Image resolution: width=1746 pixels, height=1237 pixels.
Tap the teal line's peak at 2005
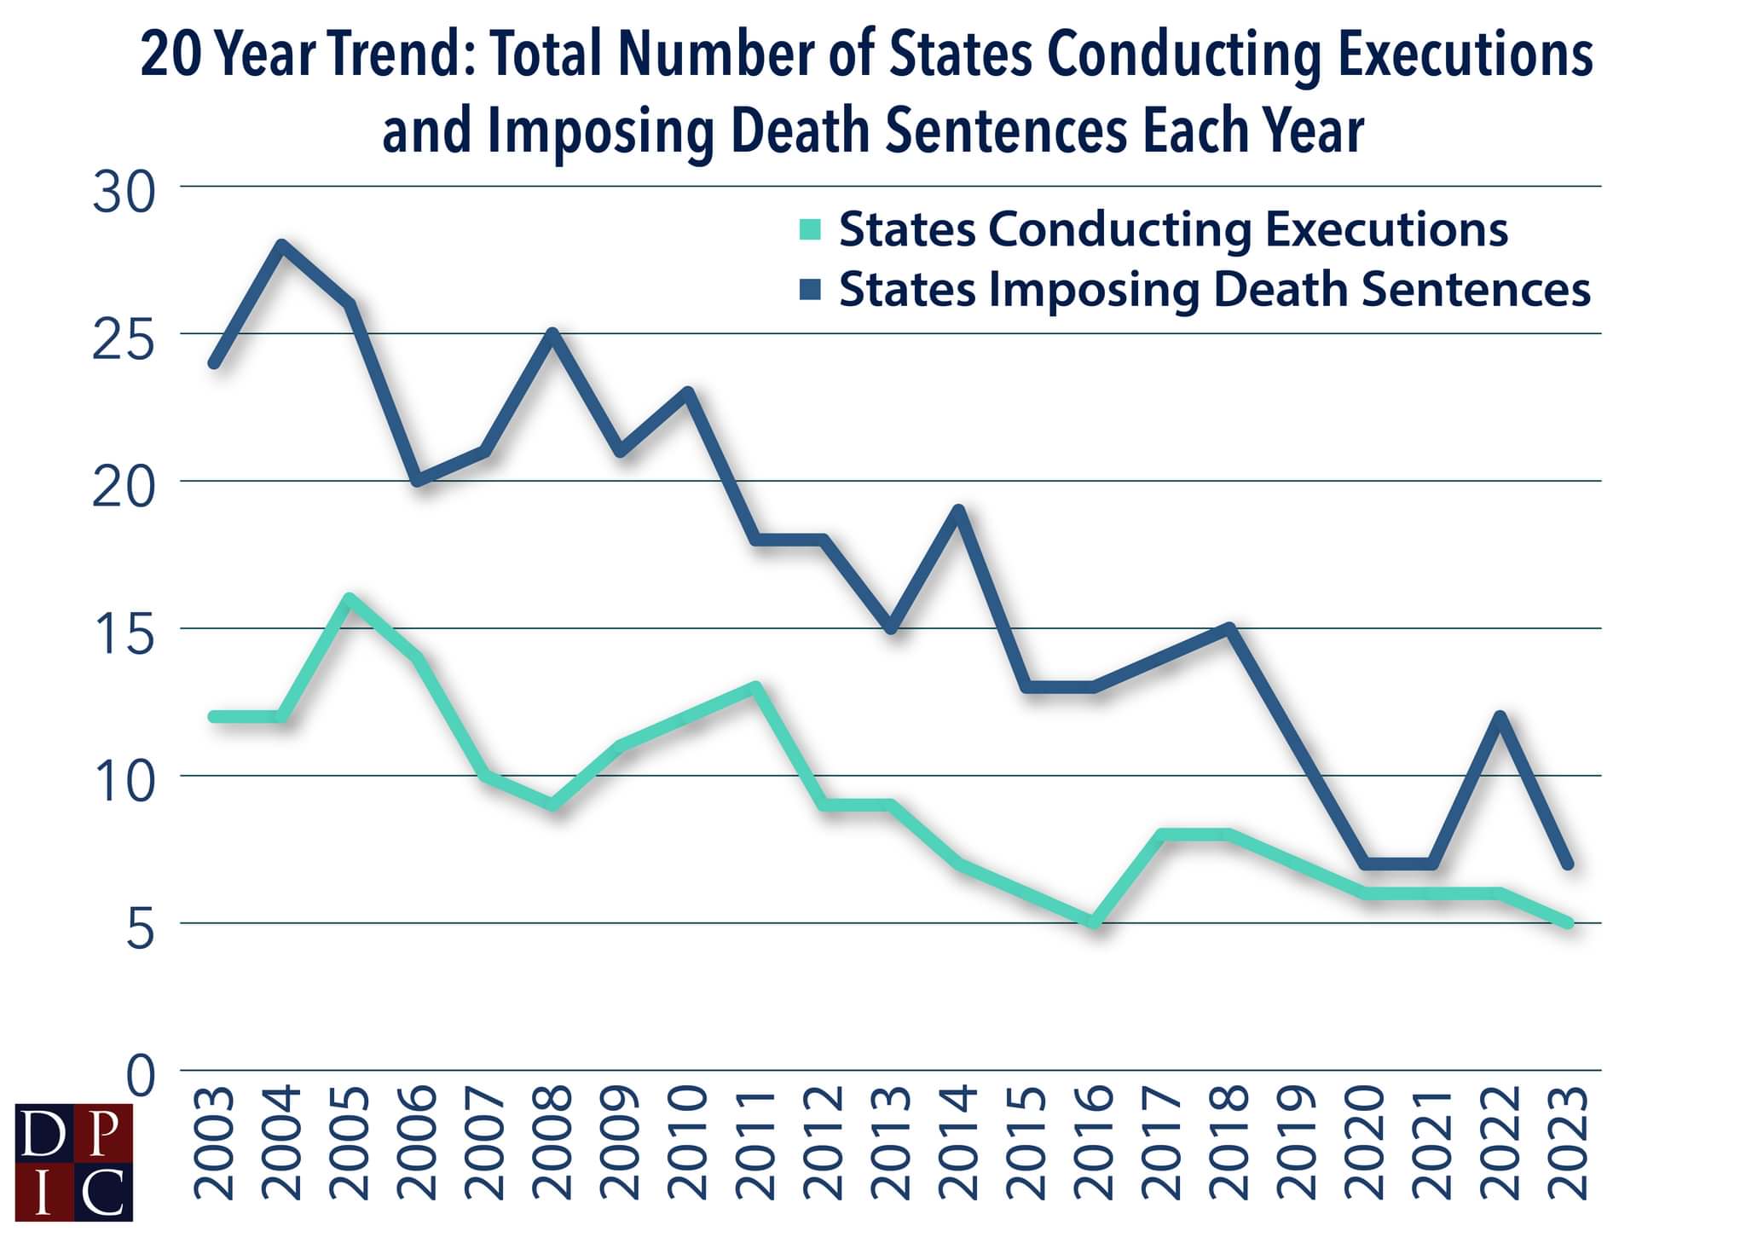click(350, 598)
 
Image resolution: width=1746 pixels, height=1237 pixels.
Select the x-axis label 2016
click(1095, 1142)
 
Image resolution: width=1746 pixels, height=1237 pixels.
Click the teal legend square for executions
click(810, 230)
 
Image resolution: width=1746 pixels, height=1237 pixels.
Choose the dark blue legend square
click(810, 291)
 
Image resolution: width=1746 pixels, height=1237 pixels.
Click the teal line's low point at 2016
click(1095, 922)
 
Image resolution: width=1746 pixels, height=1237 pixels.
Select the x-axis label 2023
click(1569, 1142)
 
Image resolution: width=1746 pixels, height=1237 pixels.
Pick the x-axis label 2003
click(214, 1142)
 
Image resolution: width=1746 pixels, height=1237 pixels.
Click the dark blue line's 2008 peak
click(553, 334)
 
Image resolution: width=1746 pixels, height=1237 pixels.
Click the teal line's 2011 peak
click(756, 687)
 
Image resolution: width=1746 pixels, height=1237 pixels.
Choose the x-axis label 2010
click(688, 1142)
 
